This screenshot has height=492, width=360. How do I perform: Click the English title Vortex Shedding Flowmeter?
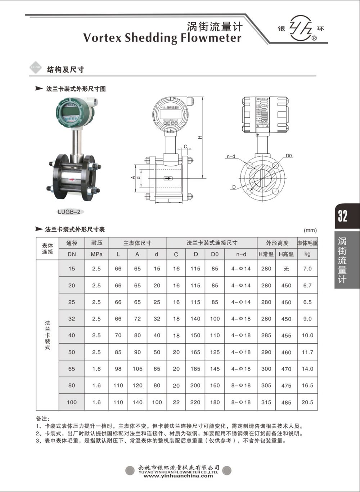pyautogui.click(x=162, y=38)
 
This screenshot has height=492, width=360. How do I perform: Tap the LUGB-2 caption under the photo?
pyautogui.click(x=69, y=212)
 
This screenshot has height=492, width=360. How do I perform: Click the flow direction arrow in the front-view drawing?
pyautogui.click(x=168, y=178)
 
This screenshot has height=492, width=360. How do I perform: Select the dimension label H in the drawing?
pyautogui.click(x=200, y=137)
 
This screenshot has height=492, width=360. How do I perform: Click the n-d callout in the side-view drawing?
pyautogui.click(x=231, y=156)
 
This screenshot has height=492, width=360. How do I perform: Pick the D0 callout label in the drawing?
pyautogui.click(x=289, y=156)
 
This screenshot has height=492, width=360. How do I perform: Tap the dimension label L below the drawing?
pyautogui.click(x=169, y=201)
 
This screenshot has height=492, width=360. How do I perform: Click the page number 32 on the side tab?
pyautogui.click(x=342, y=216)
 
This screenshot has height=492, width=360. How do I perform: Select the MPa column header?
pyautogui.click(x=96, y=254)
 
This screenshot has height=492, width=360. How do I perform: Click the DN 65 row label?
pyautogui.click(x=72, y=369)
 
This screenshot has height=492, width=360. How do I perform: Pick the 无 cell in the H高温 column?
pyautogui.click(x=286, y=269)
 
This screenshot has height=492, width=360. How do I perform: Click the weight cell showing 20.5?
pyautogui.click(x=307, y=402)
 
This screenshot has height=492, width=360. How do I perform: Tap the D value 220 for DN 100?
pyautogui.click(x=195, y=402)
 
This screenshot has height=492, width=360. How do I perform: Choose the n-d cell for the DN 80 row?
pyautogui.click(x=241, y=385)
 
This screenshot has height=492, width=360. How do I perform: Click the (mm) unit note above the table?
pyautogui.click(x=310, y=231)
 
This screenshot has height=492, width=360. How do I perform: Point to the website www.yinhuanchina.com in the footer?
pyautogui.click(x=178, y=476)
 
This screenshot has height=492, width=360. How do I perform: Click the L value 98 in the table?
pyautogui.click(x=118, y=369)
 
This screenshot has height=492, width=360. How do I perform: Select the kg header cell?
pyautogui.click(x=307, y=254)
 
